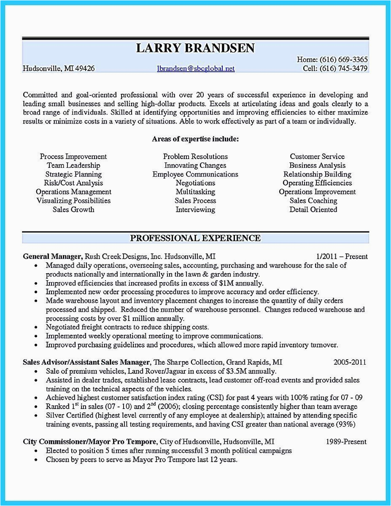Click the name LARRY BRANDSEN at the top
click(195, 48)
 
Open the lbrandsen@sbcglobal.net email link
click(196, 68)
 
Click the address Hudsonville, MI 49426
click(59, 68)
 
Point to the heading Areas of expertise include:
click(195, 139)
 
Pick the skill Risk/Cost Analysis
click(73, 183)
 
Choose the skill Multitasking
click(195, 192)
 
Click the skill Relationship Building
click(317, 174)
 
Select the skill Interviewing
click(195, 210)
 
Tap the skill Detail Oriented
click(313, 210)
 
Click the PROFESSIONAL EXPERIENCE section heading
click(195, 238)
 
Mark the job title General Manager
click(52, 256)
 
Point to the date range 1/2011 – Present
click(342, 256)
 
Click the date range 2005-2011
click(350, 362)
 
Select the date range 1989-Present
click(346, 442)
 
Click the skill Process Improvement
click(73, 156)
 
